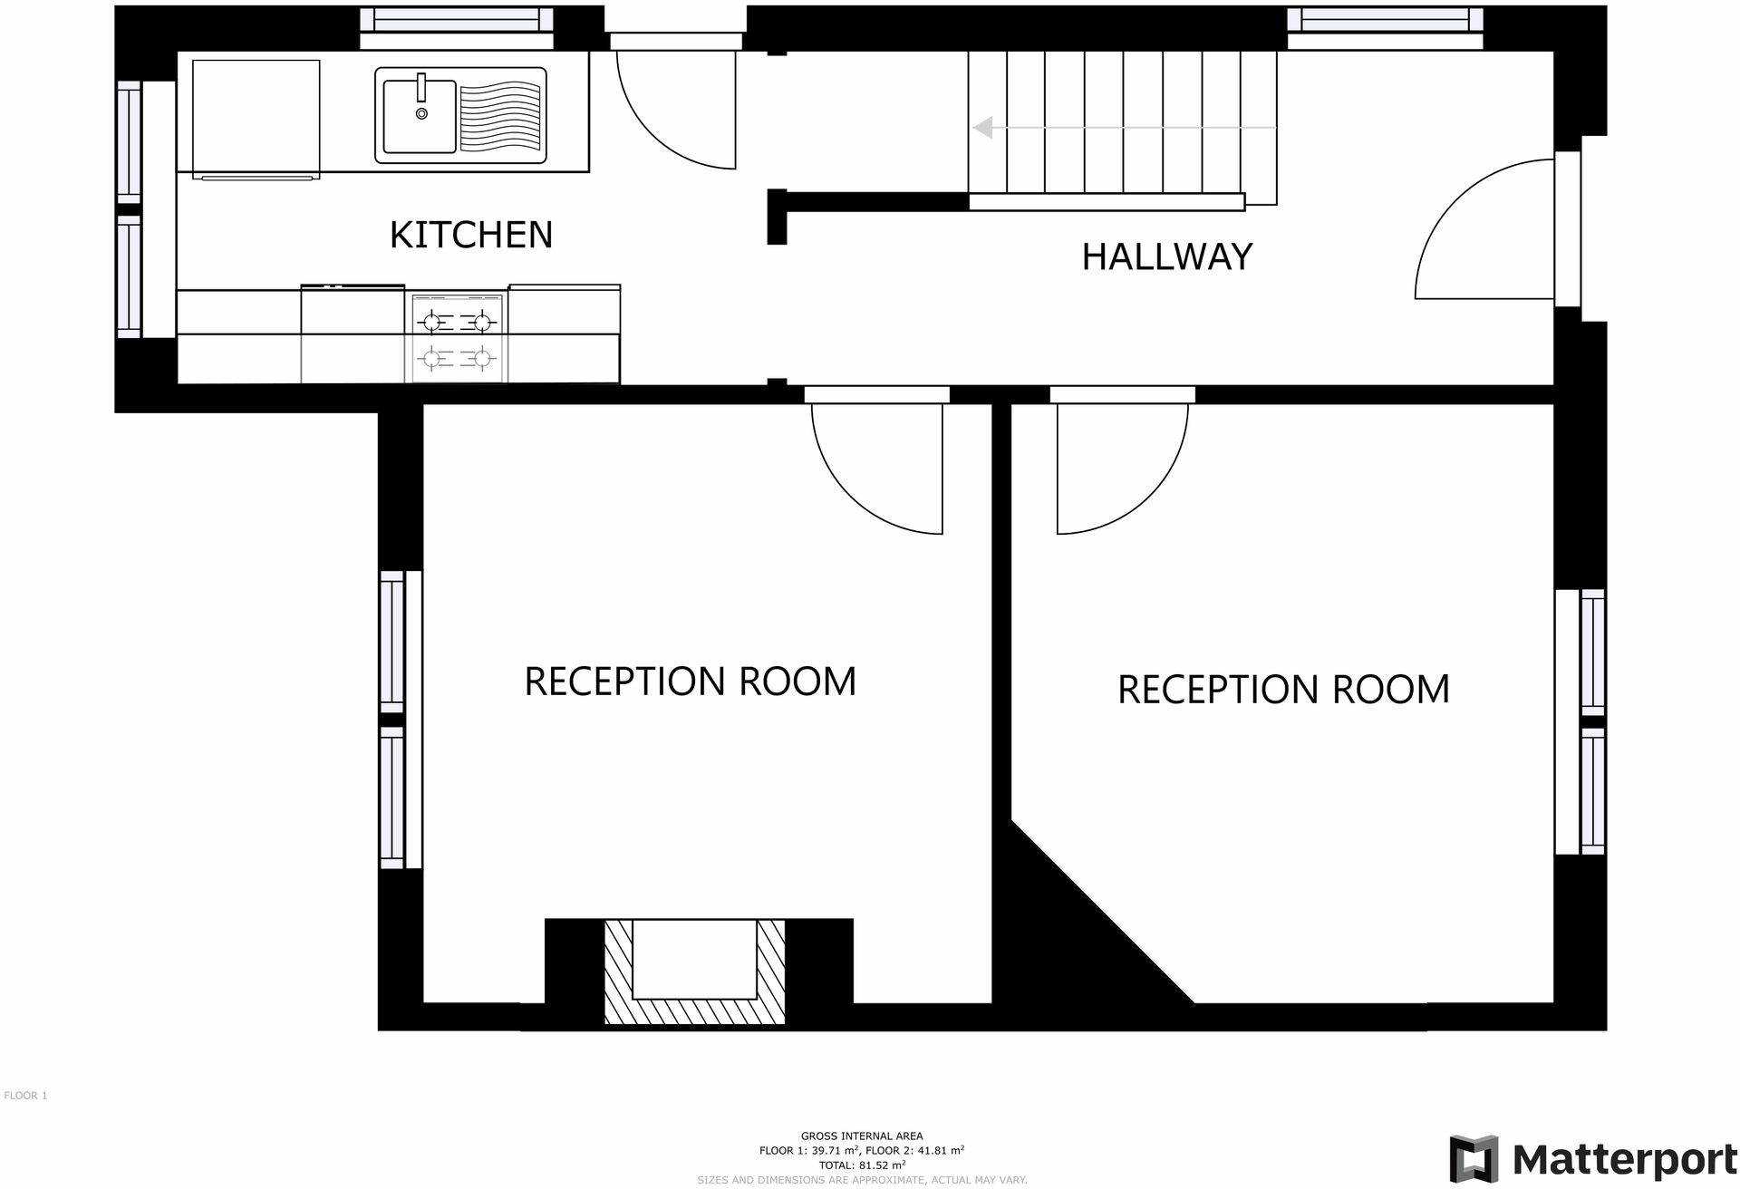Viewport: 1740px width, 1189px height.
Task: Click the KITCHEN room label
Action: point(470,235)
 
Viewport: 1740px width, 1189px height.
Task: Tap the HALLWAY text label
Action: point(1166,256)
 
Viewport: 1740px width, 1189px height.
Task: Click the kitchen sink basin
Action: point(420,116)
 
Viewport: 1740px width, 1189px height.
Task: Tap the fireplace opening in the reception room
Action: point(694,959)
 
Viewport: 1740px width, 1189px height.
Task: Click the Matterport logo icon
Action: point(1473,1158)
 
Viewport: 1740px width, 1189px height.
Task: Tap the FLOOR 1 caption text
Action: point(25,1096)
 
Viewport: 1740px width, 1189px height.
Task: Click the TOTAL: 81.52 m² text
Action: point(861,1165)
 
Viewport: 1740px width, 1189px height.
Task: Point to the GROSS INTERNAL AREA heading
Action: point(861,1136)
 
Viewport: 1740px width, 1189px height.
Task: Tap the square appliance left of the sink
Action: point(256,116)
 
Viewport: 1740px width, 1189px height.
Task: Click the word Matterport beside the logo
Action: point(1624,1159)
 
